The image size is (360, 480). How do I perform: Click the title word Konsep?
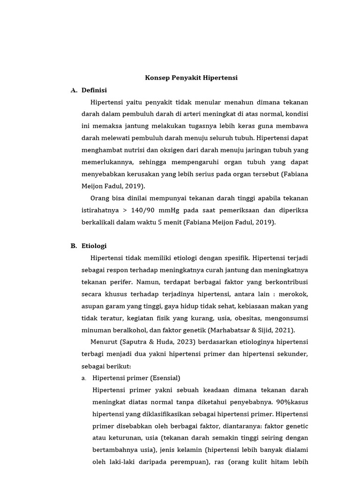157,78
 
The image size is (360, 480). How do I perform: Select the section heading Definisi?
94,90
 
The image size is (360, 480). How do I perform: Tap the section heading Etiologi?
94,246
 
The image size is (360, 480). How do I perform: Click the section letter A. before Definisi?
74,90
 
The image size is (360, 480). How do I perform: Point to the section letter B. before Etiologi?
74,246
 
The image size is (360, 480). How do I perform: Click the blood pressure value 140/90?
143,210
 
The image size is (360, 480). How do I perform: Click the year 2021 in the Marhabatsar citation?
284,330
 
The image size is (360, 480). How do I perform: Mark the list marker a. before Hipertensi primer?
83,378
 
